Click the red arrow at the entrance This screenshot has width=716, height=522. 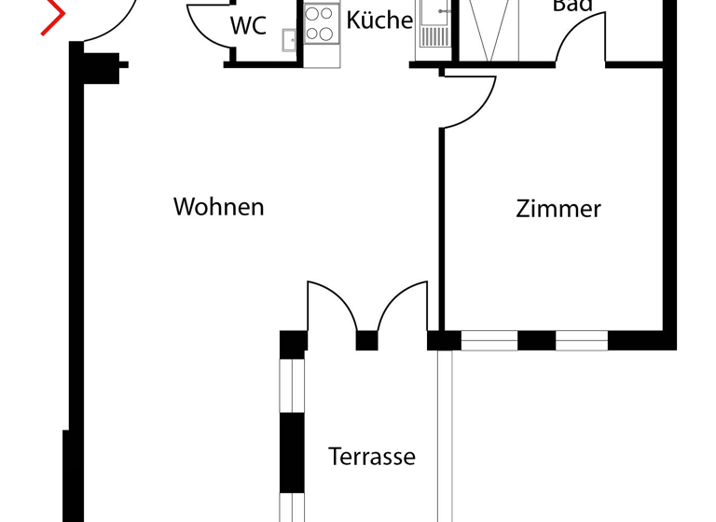coord(55,19)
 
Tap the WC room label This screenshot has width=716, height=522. coord(248,26)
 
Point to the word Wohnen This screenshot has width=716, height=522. coord(219,207)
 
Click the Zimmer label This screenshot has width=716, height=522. coord(558,209)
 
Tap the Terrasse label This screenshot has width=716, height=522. coord(371,458)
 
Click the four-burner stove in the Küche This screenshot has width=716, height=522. coord(320,24)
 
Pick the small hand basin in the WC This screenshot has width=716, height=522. coord(289,38)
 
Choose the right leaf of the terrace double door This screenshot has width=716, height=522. coord(405,304)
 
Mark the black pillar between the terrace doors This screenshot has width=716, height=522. coord(366,341)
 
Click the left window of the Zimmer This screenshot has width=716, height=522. coord(489,341)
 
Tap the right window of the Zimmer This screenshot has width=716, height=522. coord(582,341)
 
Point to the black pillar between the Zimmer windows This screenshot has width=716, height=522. coord(536,341)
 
